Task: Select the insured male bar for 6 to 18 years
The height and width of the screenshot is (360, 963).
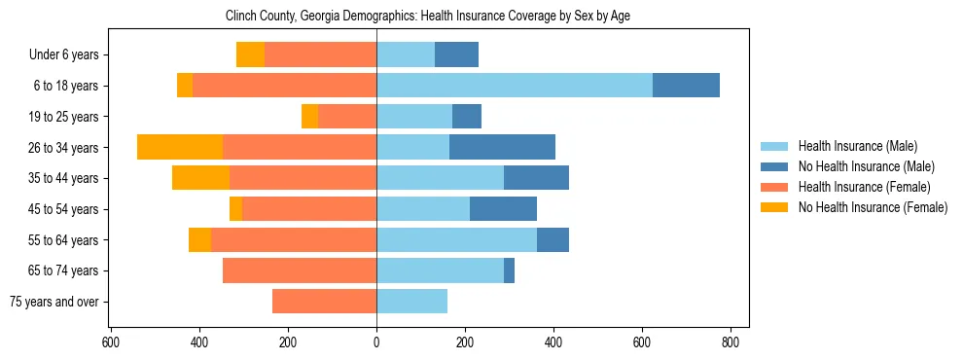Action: click(x=514, y=86)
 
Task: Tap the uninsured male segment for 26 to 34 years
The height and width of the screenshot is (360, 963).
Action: click(x=502, y=147)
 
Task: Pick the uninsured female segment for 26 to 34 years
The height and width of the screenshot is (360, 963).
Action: click(x=180, y=147)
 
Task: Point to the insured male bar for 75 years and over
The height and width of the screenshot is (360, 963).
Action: click(x=411, y=302)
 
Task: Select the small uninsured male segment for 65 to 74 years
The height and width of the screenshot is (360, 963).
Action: click(x=509, y=270)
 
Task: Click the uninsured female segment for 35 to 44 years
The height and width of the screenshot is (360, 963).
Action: click(x=200, y=178)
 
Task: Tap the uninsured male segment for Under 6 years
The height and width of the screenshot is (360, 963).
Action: click(x=456, y=54)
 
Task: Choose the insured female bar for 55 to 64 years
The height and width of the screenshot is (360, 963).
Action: click(x=294, y=239)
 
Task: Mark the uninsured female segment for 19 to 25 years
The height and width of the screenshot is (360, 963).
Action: click(x=309, y=117)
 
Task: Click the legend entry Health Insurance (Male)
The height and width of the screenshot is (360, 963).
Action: click(x=857, y=146)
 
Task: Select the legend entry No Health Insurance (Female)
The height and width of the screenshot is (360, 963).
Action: click(x=872, y=207)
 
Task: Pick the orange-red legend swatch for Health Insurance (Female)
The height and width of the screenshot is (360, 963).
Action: click(x=774, y=187)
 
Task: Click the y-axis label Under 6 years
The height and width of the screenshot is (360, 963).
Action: click(x=64, y=55)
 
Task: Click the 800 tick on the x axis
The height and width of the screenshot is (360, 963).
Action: click(x=731, y=342)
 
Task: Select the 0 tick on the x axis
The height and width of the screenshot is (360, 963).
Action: click(x=376, y=342)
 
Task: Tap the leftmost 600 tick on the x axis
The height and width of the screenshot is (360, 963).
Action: click(x=111, y=342)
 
